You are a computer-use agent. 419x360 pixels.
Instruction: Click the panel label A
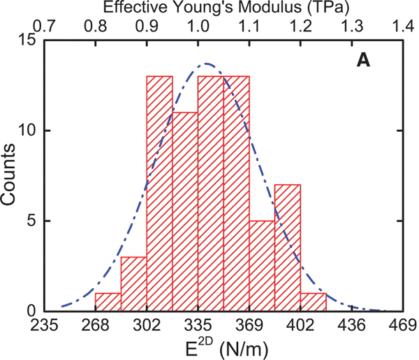tap(363, 62)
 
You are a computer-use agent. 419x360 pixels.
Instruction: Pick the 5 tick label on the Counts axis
tap(32, 221)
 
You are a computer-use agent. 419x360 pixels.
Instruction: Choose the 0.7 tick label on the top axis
tap(45, 26)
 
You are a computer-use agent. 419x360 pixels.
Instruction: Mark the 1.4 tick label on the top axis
tap(402, 26)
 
